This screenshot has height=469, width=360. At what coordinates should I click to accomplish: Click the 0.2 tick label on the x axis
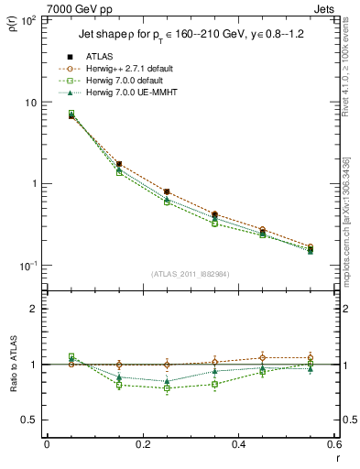pos(142,443)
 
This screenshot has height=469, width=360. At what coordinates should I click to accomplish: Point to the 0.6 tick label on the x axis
pos(333,443)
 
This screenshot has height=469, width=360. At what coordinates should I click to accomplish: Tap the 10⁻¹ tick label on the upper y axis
pos(27,266)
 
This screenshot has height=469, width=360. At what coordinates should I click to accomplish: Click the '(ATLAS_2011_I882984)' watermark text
pos(190,274)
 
